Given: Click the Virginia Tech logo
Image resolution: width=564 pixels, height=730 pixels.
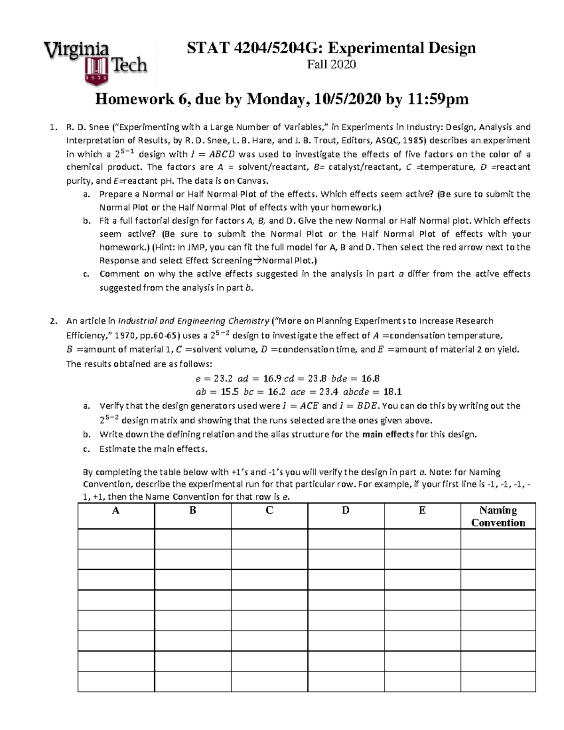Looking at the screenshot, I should click(x=96, y=63).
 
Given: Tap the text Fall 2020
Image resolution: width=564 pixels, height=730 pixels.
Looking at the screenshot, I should click(x=331, y=65).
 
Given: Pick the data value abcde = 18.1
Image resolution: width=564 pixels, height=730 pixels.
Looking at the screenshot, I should click(x=372, y=392).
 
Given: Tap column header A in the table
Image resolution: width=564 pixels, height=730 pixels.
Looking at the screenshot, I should click(x=116, y=510).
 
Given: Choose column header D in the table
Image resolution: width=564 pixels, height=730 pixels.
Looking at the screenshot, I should click(x=345, y=510).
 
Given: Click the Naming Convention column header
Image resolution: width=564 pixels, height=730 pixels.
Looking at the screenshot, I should click(x=498, y=516).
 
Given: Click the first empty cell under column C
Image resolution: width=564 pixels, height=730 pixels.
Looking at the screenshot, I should click(x=269, y=539).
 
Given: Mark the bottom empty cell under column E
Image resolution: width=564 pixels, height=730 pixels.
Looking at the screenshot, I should click(x=422, y=682).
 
